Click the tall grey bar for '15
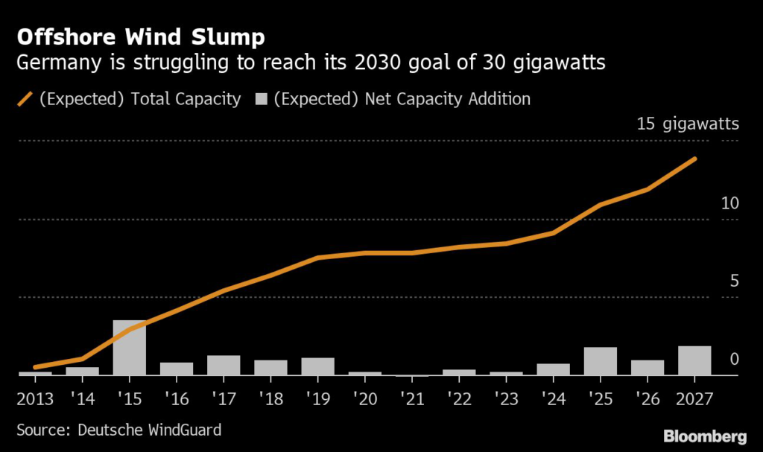coord(130,348)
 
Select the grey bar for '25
coord(601,361)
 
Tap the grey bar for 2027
coord(694,360)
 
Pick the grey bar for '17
coord(224,365)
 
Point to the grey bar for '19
coord(317,366)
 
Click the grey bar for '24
coord(554,369)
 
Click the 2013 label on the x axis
coord(35,398)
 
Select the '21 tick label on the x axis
coord(412,398)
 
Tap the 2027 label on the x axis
coord(695,398)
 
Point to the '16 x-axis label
coord(177,398)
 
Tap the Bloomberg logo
coord(704,435)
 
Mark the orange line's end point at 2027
coord(695,159)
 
